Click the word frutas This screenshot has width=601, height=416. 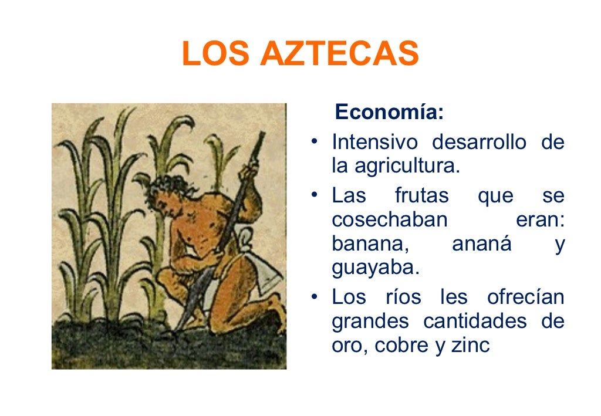pyautogui.click(x=421, y=195)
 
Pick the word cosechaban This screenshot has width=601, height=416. pyautogui.click(x=389, y=220)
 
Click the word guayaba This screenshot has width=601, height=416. pyautogui.click(x=376, y=268)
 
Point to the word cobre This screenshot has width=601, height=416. pyautogui.click(x=401, y=346)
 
